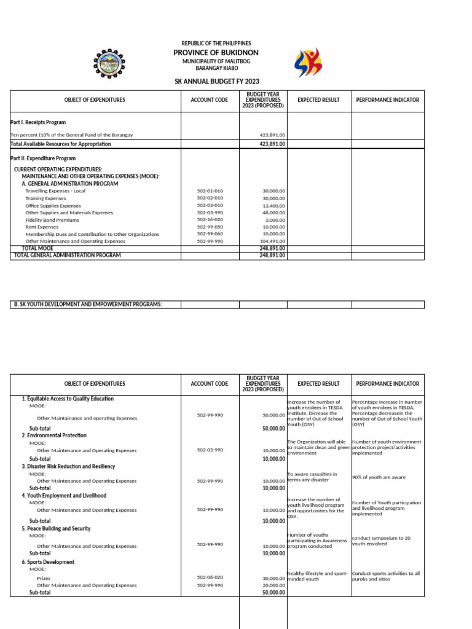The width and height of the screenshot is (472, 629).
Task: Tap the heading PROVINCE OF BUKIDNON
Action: (x=216, y=53)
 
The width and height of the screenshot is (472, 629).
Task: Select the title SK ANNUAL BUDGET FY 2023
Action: (x=216, y=82)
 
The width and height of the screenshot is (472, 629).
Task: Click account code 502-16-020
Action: (x=210, y=219)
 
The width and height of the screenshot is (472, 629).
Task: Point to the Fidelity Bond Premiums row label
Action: (x=52, y=219)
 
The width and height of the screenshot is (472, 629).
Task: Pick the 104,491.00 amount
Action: (x=273, y=241)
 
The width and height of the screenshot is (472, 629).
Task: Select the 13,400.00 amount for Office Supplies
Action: (x=273, y=206)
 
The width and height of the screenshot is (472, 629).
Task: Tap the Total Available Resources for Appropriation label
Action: (x=61, y=144)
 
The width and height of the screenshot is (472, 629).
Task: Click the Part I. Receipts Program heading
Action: (x=38, y=122)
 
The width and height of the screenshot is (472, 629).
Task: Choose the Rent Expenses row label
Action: (x=42, y=227)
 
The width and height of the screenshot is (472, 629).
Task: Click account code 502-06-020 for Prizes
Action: (x=210, y=577)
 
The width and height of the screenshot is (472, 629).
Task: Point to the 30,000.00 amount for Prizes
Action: (x=273, y=578)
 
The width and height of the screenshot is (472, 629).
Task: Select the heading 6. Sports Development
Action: (x=48, y=562)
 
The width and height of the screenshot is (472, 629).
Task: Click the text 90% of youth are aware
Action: (x=379, y=477)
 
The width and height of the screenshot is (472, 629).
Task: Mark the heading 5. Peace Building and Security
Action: (x=56, y=528)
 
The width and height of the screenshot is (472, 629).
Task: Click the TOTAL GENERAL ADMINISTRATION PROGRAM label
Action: (x=68, y=255)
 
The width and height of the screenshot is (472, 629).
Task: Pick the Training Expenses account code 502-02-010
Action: (x=210, y=198)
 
